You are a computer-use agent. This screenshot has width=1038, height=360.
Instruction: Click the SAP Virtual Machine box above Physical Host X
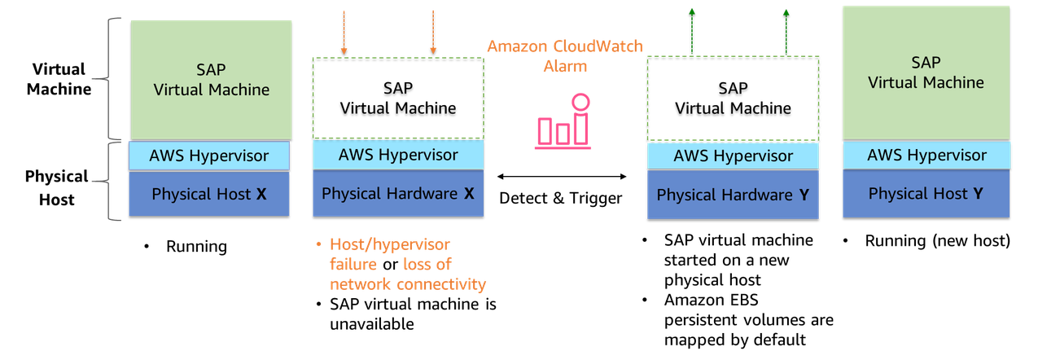pos(211,80)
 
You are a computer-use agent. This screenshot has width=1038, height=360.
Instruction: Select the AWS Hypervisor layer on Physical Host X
pos(209,156)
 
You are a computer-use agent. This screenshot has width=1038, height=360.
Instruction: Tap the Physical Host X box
pos(209,194)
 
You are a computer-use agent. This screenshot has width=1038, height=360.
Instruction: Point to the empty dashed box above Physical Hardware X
pos(398,97)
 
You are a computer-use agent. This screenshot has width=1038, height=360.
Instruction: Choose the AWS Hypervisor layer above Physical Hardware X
pos(398,154)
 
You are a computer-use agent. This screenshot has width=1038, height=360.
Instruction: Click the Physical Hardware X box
pos(398,194)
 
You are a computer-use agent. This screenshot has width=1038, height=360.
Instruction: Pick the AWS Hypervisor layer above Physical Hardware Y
pos(733,156)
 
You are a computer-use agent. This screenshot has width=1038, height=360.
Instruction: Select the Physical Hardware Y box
pos(733,195)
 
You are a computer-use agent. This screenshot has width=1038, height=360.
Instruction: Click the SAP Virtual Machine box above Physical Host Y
pos(926,72)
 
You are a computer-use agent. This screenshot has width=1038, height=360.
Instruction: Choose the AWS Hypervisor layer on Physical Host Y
pos(926,155)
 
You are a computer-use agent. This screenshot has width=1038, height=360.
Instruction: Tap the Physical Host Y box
pos(926,194)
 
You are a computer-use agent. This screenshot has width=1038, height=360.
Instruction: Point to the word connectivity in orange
pos(441,284)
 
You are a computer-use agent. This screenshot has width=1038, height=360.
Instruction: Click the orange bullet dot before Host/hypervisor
pos(318,244)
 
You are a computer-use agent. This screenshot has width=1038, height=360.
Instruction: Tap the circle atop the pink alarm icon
pos(580,102)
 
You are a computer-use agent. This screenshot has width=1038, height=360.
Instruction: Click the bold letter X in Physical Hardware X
pos(469,194)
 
